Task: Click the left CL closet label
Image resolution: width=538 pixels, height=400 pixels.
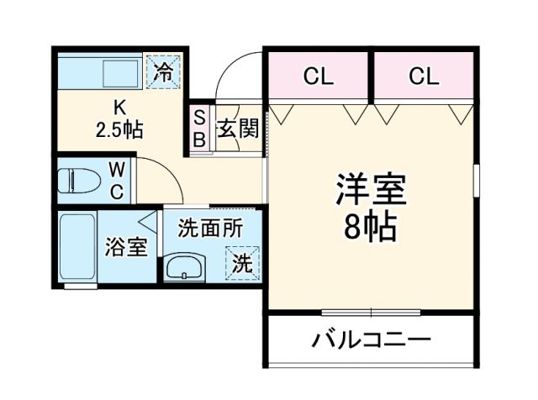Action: click(319, 77)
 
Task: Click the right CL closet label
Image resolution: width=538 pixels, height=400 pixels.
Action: click(425, 77)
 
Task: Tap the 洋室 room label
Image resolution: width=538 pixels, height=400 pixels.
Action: click(371, 190)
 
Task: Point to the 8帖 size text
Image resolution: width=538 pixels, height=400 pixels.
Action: click(371, 228)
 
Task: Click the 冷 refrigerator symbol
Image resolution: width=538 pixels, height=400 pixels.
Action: click(164, 71)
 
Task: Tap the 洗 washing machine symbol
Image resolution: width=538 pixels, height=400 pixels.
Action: click(241, 262)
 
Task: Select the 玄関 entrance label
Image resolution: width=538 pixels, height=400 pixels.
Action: click(238, 129)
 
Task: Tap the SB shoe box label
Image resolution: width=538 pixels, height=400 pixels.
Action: click(200, 129)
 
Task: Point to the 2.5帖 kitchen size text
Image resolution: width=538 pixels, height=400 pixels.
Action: click(119, 131)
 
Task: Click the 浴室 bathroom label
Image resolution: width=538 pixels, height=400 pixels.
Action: click(126, 248)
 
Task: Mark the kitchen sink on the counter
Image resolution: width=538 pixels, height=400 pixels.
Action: click(119, 72)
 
